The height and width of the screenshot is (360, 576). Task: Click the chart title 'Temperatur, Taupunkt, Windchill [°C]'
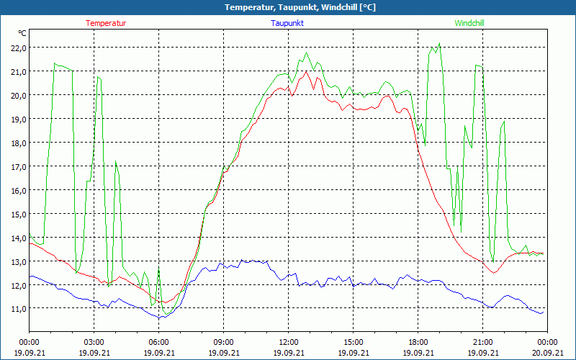point(289,7)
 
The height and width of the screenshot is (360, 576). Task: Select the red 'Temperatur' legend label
point(106,23)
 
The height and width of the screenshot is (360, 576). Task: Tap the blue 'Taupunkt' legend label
point(289,23)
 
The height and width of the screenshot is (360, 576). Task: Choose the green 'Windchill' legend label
point(469,23)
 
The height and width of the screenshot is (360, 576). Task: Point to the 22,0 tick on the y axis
point(18,48)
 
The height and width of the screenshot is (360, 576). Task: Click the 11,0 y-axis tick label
point(18,308)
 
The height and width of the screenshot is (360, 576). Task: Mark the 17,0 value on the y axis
point(18,166)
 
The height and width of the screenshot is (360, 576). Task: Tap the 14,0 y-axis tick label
point(18,238)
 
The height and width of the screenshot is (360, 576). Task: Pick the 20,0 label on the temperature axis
point(18,95)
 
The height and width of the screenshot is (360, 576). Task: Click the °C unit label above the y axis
point(22,33)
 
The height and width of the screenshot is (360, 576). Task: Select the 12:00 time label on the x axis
point(289,341)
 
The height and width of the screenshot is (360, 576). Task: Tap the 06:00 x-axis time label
point(159,341)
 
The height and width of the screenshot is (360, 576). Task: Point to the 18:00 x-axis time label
point(418,341)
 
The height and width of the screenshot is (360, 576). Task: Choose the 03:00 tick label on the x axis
point(94,341)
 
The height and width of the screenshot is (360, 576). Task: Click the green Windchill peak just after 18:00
point(438,44)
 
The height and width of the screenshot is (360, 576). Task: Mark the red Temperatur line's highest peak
point(307,71)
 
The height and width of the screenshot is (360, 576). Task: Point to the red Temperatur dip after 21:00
point(494,273)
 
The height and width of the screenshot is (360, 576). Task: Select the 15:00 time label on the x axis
point(354,341)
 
